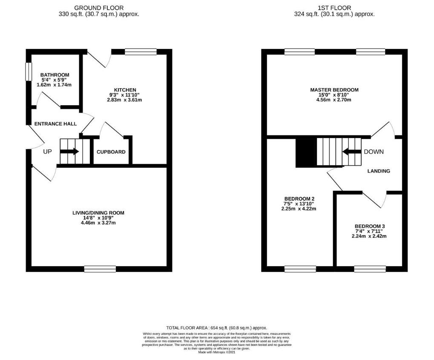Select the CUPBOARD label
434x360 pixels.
click(x=111, y=152)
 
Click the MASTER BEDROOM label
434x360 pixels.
click(x=334, y=90)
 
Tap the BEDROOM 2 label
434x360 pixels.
click(x=299, y=199)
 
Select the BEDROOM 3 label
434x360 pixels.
click(x=369, y=226)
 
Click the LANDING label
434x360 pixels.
click(x=379, y=171)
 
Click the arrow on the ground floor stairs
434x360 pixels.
click(x=72, y=151)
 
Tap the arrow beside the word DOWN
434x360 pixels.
click(x=351, y=151)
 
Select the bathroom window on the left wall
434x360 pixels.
click(x=29, y=72)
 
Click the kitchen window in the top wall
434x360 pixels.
click(x=141, y=52)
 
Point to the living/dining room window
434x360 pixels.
click(x=100, y=268)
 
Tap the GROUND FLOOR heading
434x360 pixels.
click(x=99, y=8)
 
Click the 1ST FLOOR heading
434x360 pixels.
click(x=334, y=8)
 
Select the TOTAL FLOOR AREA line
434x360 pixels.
click(x=217, y=328)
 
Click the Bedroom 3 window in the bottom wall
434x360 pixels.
click(x=369, y=268)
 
